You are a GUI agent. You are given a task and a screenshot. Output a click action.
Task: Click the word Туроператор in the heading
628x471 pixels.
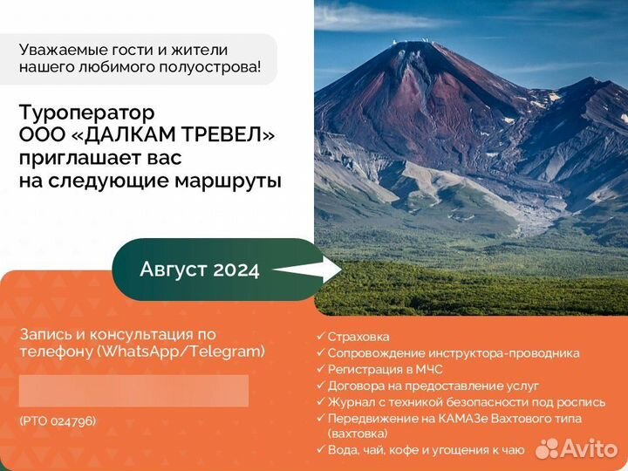86,113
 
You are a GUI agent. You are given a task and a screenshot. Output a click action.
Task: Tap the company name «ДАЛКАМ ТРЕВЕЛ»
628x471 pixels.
172,135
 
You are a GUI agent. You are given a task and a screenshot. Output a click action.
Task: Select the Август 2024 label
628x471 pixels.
200,270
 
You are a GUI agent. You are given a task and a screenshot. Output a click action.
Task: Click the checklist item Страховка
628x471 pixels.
358,337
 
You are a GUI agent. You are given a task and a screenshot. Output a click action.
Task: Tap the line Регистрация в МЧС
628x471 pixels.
385,369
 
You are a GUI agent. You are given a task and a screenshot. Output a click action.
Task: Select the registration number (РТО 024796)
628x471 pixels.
58,421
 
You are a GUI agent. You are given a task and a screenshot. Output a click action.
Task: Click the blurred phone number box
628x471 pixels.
133,391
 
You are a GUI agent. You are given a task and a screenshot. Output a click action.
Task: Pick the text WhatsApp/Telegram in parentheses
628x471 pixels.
181,352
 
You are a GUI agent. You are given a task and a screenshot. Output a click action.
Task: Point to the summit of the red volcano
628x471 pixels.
413,42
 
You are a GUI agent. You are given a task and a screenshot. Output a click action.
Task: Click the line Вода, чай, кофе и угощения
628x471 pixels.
427,450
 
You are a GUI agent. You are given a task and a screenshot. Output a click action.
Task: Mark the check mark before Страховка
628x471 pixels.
320,336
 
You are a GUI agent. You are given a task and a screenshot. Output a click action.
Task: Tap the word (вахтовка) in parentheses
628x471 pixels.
358,433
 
